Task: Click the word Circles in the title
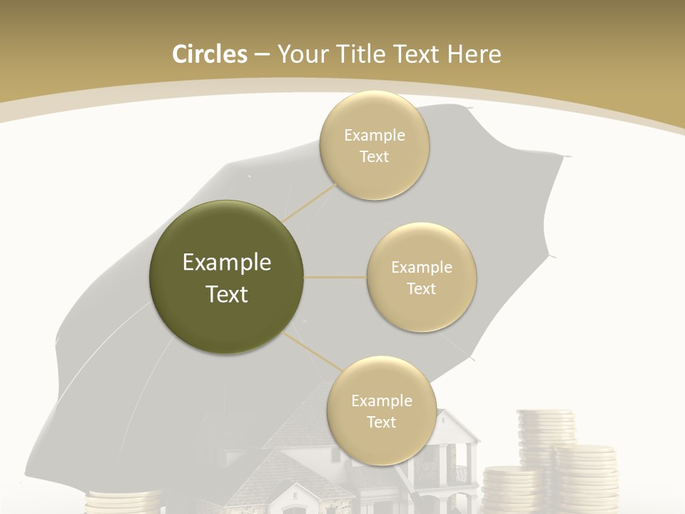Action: click(x=209, y=54)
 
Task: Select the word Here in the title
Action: click(x=475, y=54)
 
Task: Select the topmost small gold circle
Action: click(x=374, y=146)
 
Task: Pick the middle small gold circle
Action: click(x=422, y=277)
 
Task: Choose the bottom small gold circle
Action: click(x=381, y=410)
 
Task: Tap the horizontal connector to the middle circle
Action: click(x=335, y=277)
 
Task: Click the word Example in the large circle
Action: click(x=227, y=263)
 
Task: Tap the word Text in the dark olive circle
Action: click(x=227, y=294)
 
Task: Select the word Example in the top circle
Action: click(x=374, y=136)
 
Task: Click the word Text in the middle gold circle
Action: click(x=422, y=288)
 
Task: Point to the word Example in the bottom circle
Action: click(x=381, y=400)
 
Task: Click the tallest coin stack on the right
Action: click(x=545, y=435)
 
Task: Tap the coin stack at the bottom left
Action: click(x=121, y=501)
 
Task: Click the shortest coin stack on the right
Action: click(x=511, y=488)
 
